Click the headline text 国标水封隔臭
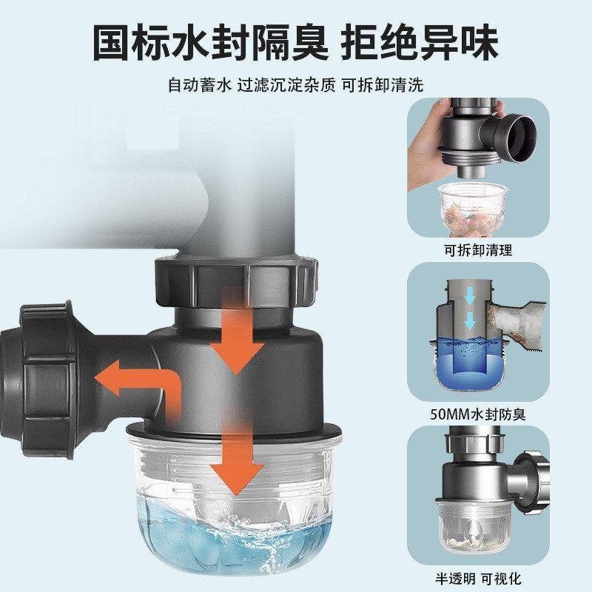[x=210, y=43]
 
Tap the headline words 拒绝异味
[x=420, y=43]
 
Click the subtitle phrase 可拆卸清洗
[x=382, y=85]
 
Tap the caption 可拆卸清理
[x=478, y=250]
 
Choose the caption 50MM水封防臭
[x=478, y=414]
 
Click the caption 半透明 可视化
[x=478, y=578]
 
